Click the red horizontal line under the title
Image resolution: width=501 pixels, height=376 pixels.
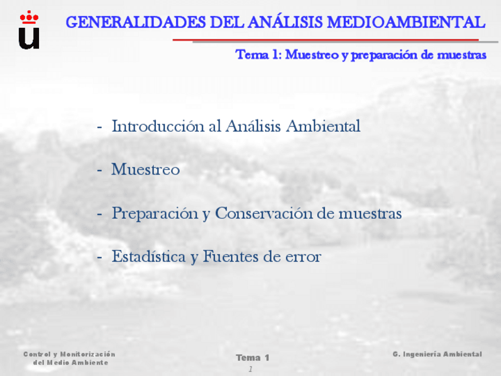coord(325,40)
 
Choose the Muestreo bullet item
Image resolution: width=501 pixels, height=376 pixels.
coord(145,170)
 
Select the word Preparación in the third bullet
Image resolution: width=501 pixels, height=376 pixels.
coord(155,213)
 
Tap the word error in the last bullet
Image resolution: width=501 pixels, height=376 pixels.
coord(303,257)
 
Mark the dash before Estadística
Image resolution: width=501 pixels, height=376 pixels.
coord(100,257)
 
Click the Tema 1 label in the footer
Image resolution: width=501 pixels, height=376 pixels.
coord(252,358)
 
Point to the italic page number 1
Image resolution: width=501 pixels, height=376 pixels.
coord(250,369)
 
